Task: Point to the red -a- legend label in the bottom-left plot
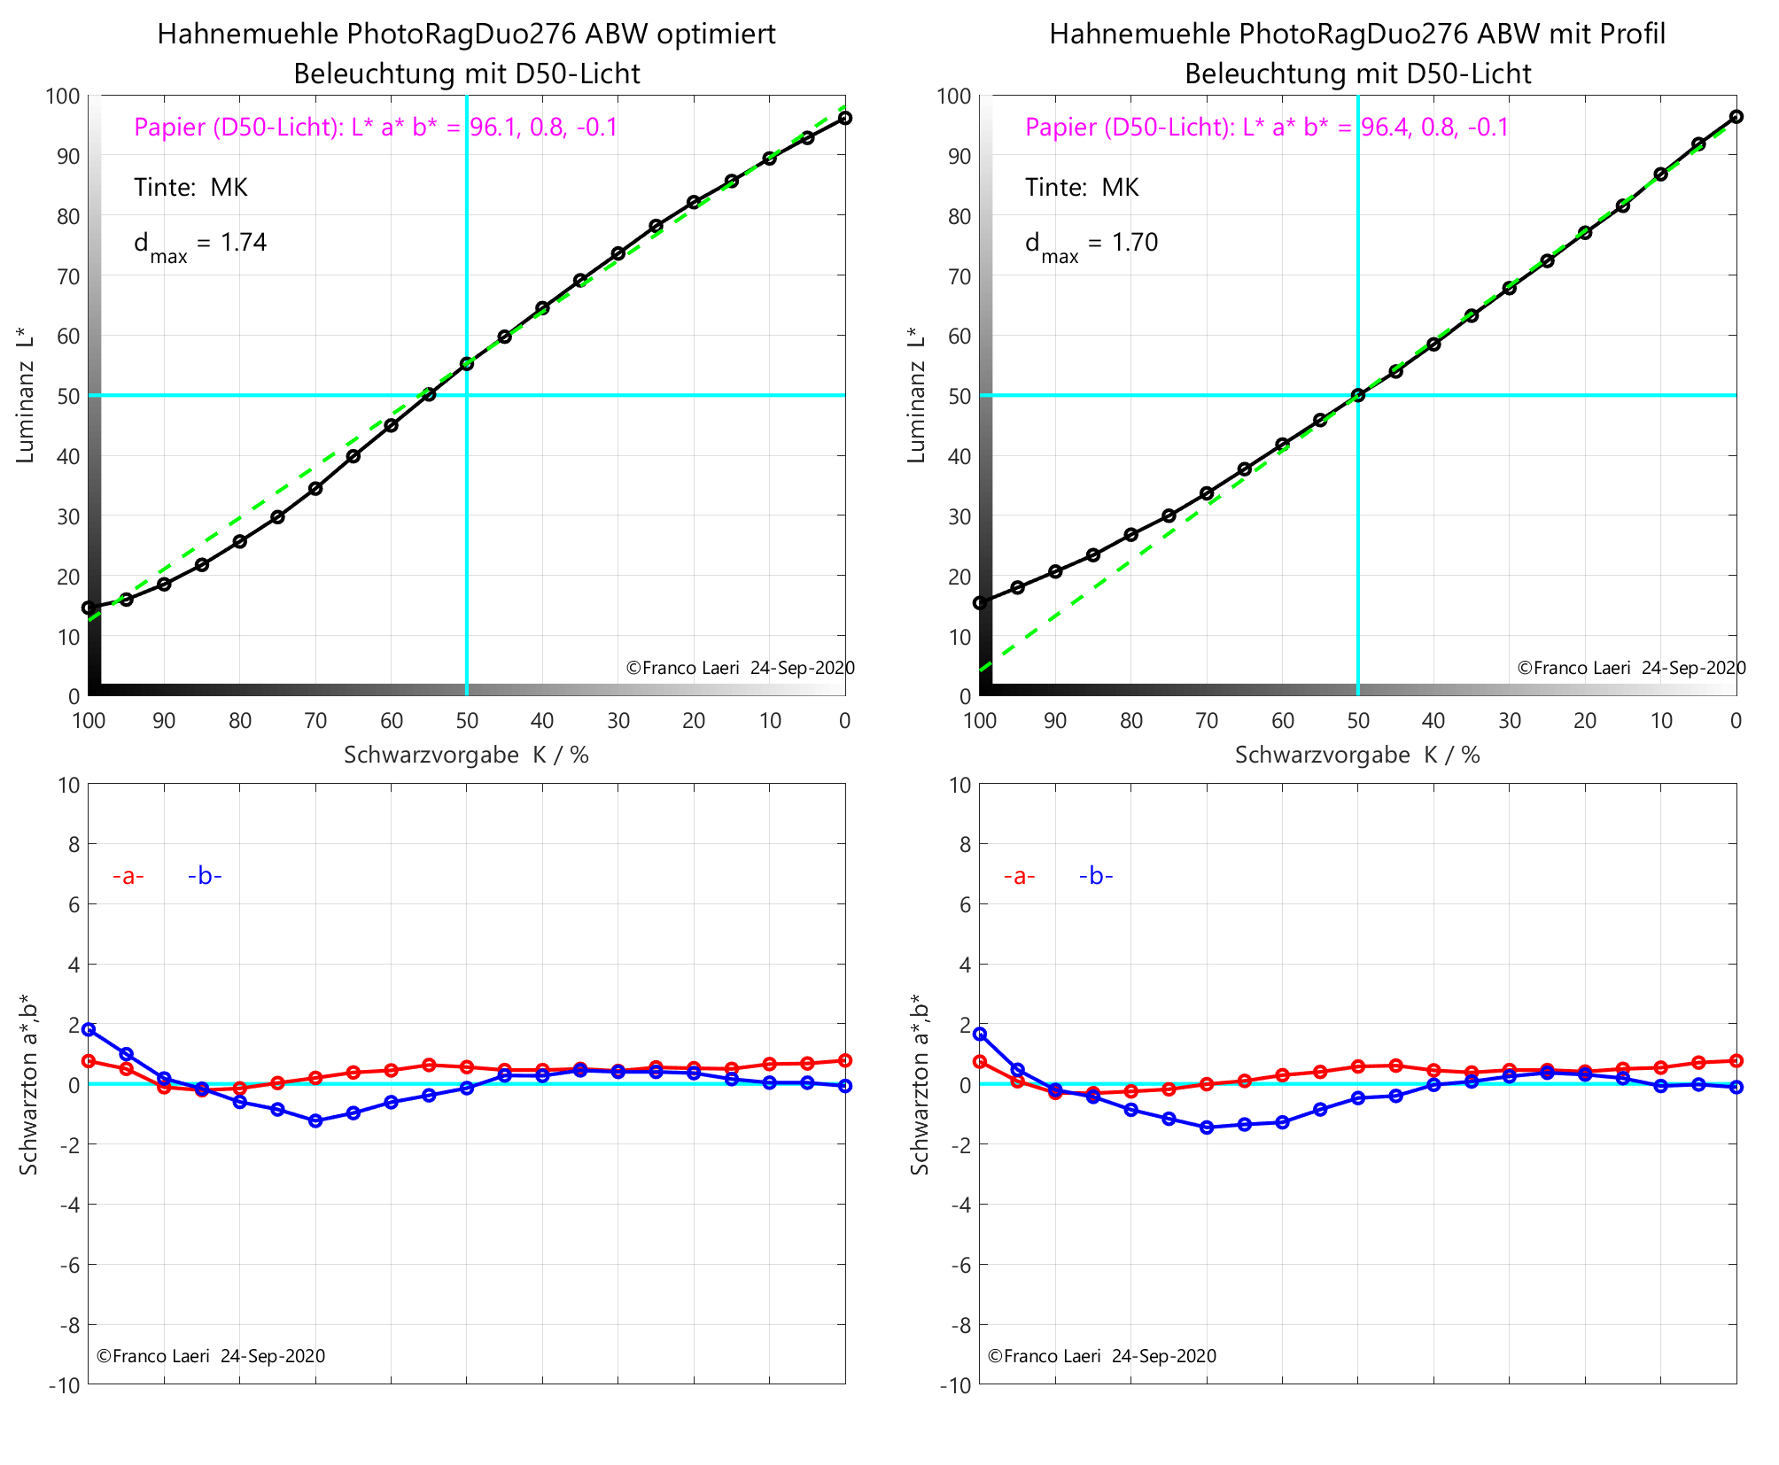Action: [x=128, y=877]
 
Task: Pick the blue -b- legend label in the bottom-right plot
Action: [x=1096, y=877]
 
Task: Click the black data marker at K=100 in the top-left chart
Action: [x=89, y=608]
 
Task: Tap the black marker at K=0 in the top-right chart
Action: [x=1736, y=117]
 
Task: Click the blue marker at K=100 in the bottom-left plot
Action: [x=89, y=1029]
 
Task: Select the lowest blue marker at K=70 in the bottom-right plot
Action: [x=1207, y=1128]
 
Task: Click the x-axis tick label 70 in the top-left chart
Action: [x=315, y=721]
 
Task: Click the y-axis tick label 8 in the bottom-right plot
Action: [x=964, y=845]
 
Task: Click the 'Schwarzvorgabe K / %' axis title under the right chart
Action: [x=1357, y=756]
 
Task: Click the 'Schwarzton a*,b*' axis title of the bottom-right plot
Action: [x=920, y=1084]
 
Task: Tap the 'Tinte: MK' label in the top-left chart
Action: [x=190, y=188]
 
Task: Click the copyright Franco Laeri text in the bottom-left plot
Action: [x=211, y=1356]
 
